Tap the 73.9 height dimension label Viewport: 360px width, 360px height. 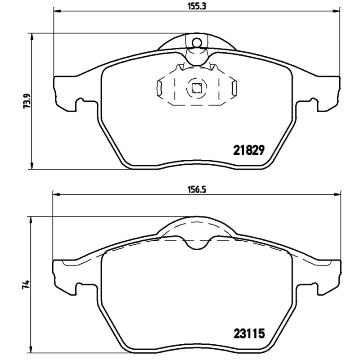[x=27, y=101]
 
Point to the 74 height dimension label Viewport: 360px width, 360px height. [x=27, y=284]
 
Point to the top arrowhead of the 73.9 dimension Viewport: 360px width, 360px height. [x=31, y=36]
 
